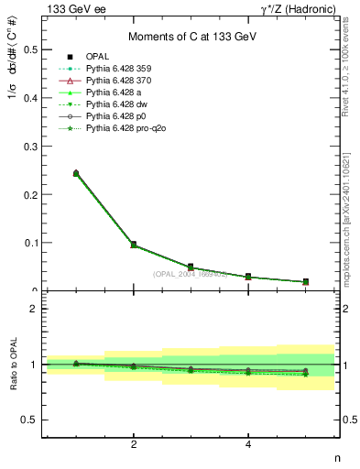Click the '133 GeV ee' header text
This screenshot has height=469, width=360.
(73, 9)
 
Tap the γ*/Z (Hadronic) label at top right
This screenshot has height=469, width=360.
(300, 9)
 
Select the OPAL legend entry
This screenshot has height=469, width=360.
(98, 56)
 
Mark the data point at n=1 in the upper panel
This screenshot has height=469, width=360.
(76, 173)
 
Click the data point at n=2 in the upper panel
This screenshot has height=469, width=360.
(134, 245)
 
